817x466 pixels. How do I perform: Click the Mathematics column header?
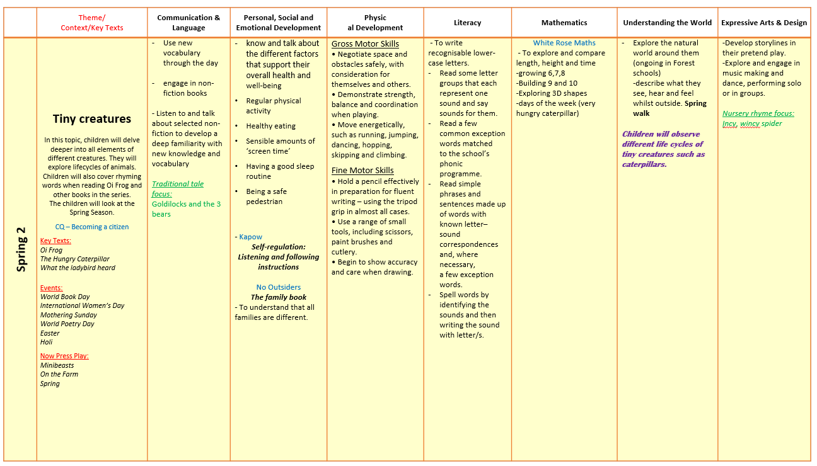click(x=564, y=23)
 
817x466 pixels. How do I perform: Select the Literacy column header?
click(x=467, y=23)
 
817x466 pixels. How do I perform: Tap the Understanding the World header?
click(x=667, y=23)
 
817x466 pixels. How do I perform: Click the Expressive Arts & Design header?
click(x=764, y=23)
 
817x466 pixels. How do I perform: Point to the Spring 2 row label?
click(x=21, y=249)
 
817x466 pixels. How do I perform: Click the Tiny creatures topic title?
click(x=92, y=119)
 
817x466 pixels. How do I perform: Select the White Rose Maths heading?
click(x=564, y=43)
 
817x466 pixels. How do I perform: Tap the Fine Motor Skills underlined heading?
click(x=362, y=170)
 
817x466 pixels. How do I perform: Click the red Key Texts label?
click(x=55, y=241)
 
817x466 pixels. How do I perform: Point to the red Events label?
click(x=51, y=288)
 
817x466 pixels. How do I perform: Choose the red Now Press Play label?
click(x=64, y=356)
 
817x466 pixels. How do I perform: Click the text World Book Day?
click(x=65, y=297)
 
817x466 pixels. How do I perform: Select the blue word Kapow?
click(x=250, y=237)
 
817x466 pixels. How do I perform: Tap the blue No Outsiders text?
click(x=278, y=287)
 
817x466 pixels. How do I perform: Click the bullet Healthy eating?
click(x=270, y=126)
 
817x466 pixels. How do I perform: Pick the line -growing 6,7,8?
click(x=540, y=73)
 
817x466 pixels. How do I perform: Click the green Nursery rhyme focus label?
click(x=758, y=113)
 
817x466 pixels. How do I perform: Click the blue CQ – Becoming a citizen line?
click(x=92, y=227)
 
